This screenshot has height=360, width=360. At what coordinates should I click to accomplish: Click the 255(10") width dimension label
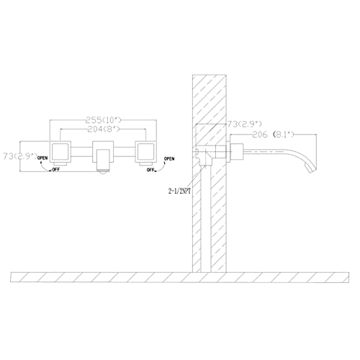pos(104,120)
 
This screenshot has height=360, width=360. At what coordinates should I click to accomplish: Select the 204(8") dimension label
pos(104,130)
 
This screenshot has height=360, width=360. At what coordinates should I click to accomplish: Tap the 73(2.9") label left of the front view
pos(20,156)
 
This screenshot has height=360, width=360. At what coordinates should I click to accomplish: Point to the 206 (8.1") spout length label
pos(273,135)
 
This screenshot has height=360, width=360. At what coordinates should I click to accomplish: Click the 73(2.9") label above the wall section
pos(244,124)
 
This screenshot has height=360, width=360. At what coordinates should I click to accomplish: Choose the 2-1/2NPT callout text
pos(179,191)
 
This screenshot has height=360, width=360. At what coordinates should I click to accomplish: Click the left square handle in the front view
pos(60,152)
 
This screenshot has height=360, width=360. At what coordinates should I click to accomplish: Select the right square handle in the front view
pos(146,152)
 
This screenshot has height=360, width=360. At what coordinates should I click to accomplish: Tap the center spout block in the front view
pos(103,156)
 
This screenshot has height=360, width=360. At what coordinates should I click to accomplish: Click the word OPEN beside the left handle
pos(42,158)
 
